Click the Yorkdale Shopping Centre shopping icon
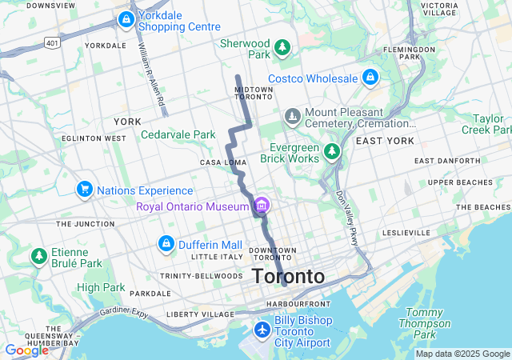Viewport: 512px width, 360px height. pyautogui.click(x=126, y=19)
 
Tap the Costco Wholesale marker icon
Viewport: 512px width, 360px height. pyautogui.click(x=370, y=78)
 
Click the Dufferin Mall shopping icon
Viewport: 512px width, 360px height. pyautogui.click(x=166, y=242)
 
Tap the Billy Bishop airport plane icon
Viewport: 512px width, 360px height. pyautogui.click(x=262, y=329)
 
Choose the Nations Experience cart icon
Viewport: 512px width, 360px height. pyautogui.click(x=85, y=190)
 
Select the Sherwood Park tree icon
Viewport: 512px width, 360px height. pyautogui.click(x=282, y=49)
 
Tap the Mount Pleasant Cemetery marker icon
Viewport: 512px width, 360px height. pyautogui.click(x=293, y=118)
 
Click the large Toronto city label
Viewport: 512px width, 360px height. pyautogui.click(x=289, y=277)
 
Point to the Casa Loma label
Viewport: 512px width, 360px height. pyautogui.click(x=223, y=162)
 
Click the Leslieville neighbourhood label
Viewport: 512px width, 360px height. pyautogui.click(x=406, y=233)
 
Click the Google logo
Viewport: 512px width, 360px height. pyautogui.click(x=26, y=350)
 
